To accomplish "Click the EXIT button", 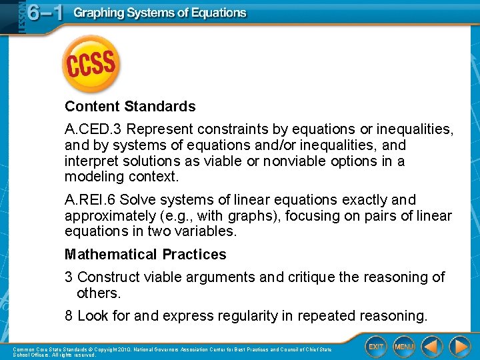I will tap(377, 347).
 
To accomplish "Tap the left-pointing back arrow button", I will tap(432, 347).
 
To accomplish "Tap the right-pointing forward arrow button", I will tap(459, 347).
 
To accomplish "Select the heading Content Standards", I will tap(130, 107).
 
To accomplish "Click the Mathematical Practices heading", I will tap(145, 255).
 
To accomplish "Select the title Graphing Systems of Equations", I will tap(160, 13).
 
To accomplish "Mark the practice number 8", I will tap(69, 315).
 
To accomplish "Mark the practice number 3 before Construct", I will tap(69, 277).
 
